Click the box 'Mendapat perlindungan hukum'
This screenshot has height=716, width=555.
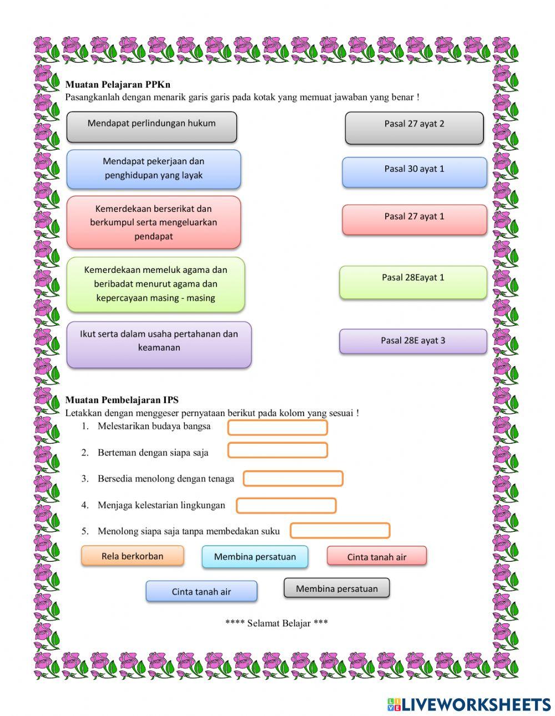pos(152,126)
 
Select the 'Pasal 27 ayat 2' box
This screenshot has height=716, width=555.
pos(414,128)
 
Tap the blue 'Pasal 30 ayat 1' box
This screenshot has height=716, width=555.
pos(414,172)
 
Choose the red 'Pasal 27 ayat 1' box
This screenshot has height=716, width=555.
pos(414,219)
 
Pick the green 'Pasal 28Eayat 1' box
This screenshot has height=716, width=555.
pos(413,282)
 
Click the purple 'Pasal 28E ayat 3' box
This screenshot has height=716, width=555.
pos(413,341)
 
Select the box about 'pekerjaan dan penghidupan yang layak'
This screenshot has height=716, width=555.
pos(154,169)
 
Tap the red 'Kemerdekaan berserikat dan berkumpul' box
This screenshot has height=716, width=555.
pos(154,222)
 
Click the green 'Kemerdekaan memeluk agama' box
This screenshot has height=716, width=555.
pos(155,284)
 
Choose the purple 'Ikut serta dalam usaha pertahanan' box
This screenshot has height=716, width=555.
pos(159,344)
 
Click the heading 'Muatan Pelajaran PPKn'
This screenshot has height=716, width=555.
pos(118,85)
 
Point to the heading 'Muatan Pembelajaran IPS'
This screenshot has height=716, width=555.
pos(122,400)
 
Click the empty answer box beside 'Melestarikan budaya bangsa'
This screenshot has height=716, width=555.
pos(277,428)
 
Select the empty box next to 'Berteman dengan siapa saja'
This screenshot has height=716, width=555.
pos(277,450)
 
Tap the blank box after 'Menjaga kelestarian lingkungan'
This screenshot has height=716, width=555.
pos(286,506)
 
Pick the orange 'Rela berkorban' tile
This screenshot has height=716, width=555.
pos(132,556)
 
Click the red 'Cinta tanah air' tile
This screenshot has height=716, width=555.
pos(377,556)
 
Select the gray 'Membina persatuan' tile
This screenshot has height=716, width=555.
pos(336,588)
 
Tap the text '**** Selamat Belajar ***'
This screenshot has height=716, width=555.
pos(276,623)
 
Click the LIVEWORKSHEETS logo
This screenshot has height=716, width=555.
pos(469,704)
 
